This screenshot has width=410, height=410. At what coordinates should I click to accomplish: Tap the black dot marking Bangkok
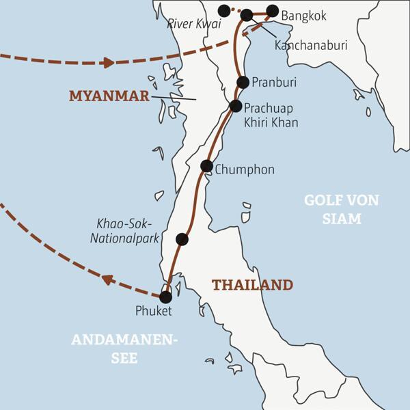pyautogui.click(x=273, y=11)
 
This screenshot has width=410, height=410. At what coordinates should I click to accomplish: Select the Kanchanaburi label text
pyautogui.click(x=311, y=45)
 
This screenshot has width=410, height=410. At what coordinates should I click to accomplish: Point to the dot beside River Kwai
pyautogui.click(x=223, y=10)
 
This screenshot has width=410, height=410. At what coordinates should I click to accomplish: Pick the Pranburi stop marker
pyautogui.click(x=243, y=82)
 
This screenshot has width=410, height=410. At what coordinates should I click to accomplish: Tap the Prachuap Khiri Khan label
pyautogui.click(x=271, y=114)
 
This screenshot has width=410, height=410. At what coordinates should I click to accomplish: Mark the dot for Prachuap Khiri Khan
pyautogui.click(x=236, y=106)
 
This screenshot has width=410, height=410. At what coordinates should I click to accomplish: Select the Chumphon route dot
pyautogui.click(x=206, y=165)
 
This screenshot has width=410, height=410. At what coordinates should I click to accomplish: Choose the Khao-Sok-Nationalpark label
pyautogui.click(x=128, y=232)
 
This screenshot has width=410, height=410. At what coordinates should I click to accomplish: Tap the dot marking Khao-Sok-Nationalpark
pyautogui.click(x=182, y=238)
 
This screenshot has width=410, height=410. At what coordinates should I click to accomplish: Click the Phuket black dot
pyautogui.click(x=165, y=297)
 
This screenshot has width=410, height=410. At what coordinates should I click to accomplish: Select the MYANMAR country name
pyautogui.click(x=109, y=96)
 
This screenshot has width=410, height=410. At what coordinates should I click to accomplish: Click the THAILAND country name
pyautogui.click(x=252, y=284)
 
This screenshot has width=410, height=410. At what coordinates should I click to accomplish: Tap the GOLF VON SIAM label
pyautogui.click(x=332, y=209)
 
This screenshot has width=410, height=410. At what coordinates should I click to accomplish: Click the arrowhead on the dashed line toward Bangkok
pyautogui.click(x=107, y=63)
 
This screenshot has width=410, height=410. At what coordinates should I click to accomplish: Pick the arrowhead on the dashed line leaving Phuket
pyautogui.click(x=107, y=278)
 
